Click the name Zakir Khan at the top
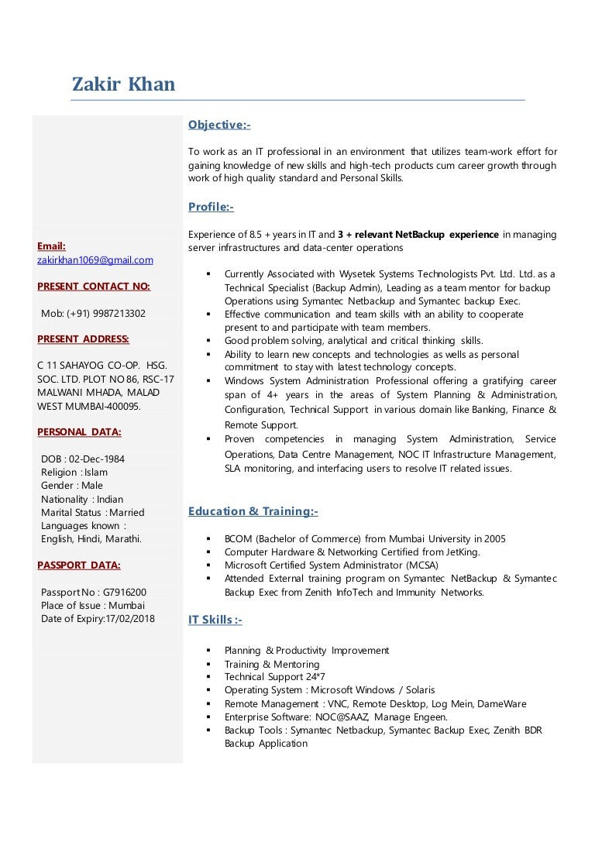tap(124, 84)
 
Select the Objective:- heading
tap(219, 125)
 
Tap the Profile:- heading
tap(211, 207)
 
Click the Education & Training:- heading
tap(253, 511)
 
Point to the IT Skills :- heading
tap(215, 620)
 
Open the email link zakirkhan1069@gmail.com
tap(95, 260)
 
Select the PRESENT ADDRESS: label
tap(84, 339)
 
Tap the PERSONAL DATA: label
tap(79, 431)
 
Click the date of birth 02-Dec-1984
tap(97, 459)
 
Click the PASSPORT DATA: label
tap(79, 565)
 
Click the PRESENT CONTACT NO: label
tap(94, 287)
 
